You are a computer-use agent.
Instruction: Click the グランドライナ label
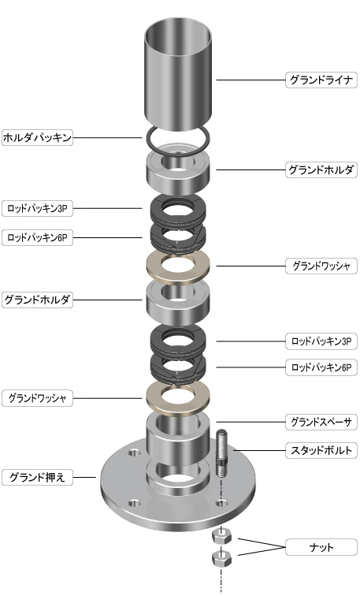coord(321,80)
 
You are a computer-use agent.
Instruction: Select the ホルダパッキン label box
coord(37,137)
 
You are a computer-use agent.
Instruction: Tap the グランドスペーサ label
coord(321,422)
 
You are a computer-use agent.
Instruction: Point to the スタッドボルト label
coord(321,450)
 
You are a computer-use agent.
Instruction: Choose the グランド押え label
coord(37,477)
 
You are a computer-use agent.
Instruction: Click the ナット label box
coord(321,547)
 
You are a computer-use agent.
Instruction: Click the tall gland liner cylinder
coord(178,74)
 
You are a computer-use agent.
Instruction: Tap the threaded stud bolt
coord(222,453)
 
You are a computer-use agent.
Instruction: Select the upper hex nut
coord(222,536)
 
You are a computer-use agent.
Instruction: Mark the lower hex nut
coord(222,558)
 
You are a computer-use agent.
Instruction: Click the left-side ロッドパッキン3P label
coord(37,208)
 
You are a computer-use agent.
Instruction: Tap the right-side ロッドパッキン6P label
coord(321,367)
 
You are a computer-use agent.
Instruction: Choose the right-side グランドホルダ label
coord(321,169)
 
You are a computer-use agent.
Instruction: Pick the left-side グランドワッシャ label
coord(37,398)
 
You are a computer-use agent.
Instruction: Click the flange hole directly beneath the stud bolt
coord(222,504)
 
